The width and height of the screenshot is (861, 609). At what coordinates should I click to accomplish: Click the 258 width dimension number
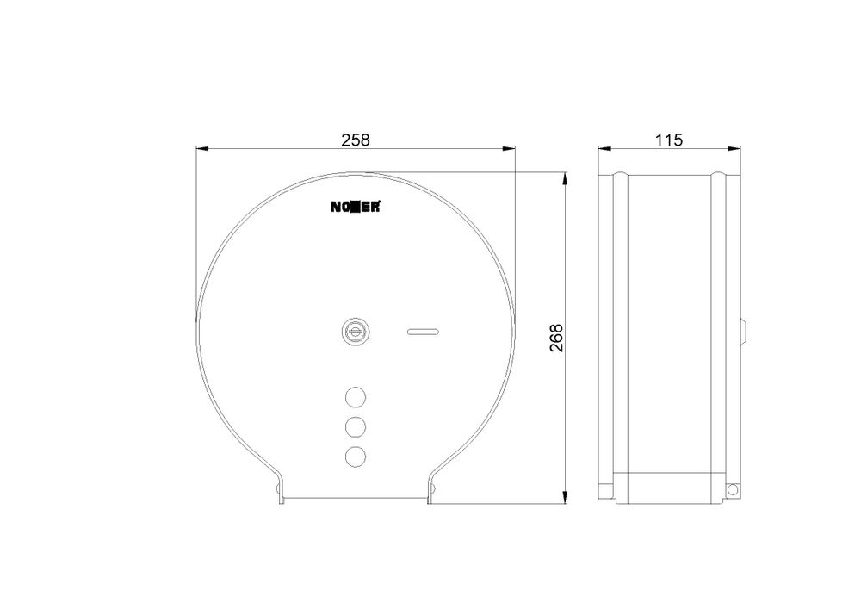pyautogui.click(x=356, y=140)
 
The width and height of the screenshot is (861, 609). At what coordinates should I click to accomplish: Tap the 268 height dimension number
pyautogui.click(x=556, y=338)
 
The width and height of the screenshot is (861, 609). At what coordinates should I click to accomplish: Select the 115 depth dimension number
pyautogui.click(x=669, y=140)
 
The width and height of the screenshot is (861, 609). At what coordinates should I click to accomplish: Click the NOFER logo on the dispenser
pyautogui.click(x=355, y=207)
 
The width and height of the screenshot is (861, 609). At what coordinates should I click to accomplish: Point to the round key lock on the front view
pyautogui.click(x=356, y=332)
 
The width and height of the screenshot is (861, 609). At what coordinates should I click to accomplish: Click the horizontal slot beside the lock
pyautogui.click(x=423, y=331)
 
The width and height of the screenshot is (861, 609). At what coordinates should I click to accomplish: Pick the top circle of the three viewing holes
pyautogui.click(x=356, y=396)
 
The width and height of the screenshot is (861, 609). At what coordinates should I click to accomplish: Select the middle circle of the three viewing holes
pyautogui.click(x=356, y=426)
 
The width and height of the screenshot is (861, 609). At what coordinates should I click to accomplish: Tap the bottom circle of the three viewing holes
pyautogui.click(x=356, y=457)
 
